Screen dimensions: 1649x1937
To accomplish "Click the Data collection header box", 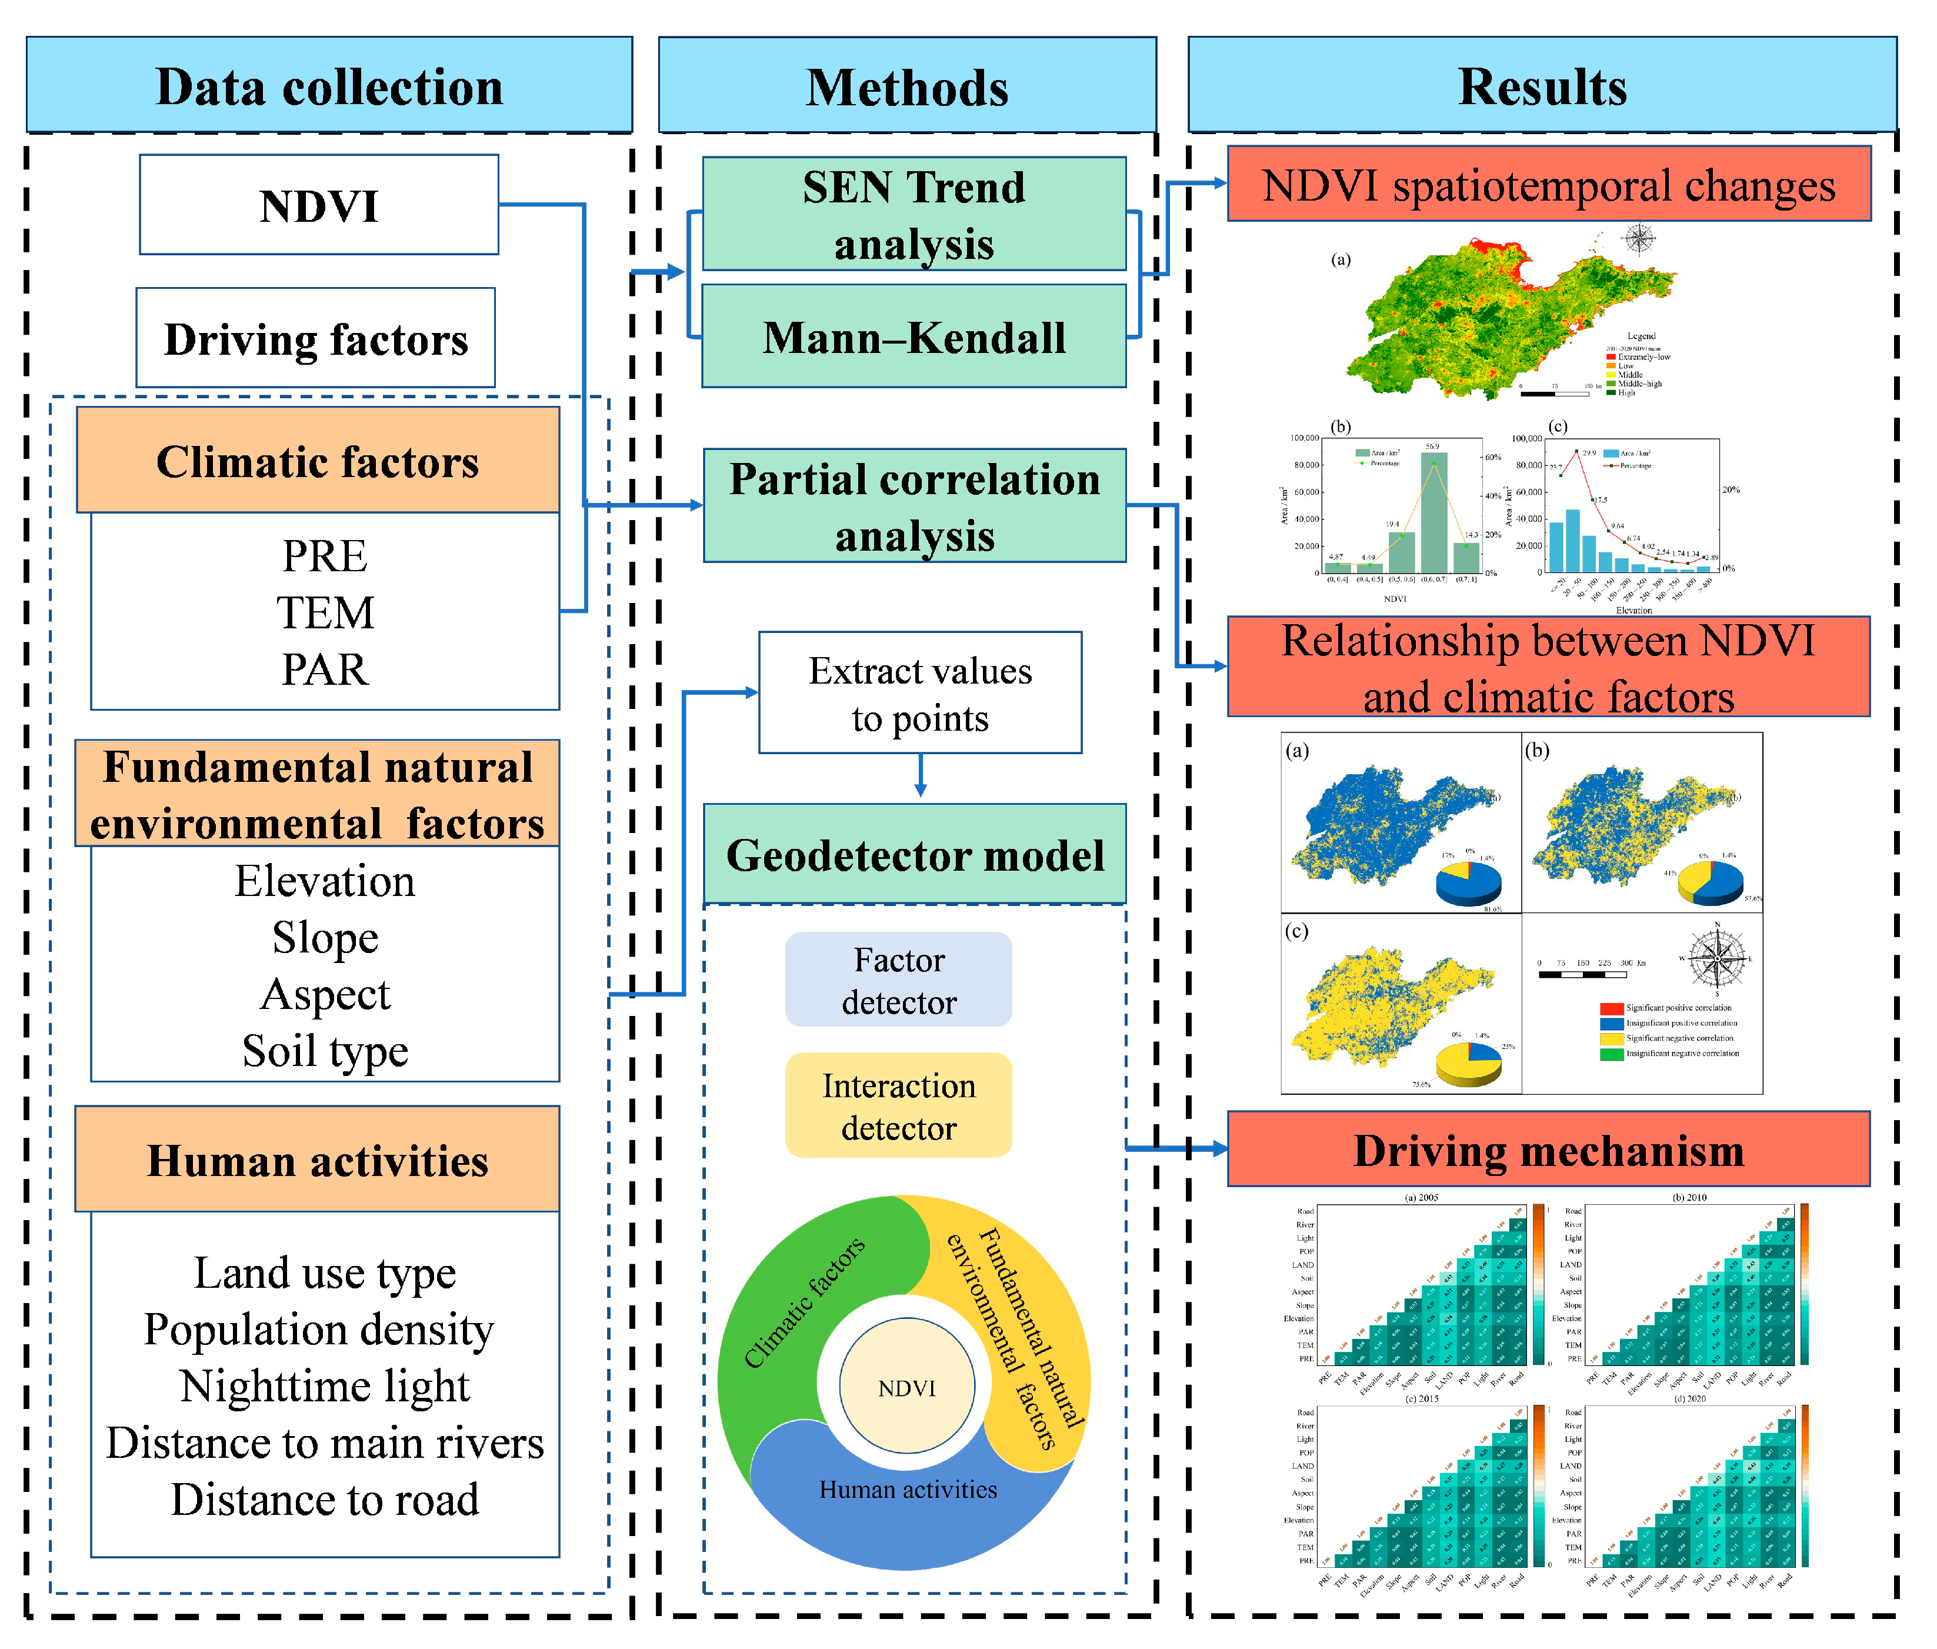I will [x=329, y=85].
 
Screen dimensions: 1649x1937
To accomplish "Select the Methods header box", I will [x=907, y=85].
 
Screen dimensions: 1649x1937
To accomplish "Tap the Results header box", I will [x=1542, y=85].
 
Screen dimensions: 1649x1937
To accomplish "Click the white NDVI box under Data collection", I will [x=319, y=205].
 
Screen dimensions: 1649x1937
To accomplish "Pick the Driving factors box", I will [x=316, y=338].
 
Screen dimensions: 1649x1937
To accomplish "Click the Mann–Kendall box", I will [x=914, y=337].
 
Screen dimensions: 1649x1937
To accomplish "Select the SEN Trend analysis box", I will [x=914, y=214].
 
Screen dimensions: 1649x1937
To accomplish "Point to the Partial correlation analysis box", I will [x=914, y=506].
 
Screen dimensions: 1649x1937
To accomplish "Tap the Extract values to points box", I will [x=920, y=692].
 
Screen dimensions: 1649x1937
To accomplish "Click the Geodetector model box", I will [x=914, y=854].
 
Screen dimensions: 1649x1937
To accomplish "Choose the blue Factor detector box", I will [x=898, y=980].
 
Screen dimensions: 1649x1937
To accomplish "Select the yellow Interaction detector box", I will [x=898, y=1106].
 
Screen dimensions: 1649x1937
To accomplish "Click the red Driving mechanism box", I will [x=1548, y=1149].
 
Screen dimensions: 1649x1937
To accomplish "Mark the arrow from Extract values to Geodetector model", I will [x=921, y=776].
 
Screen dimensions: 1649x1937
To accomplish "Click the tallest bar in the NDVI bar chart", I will [x=1434, y=512].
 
